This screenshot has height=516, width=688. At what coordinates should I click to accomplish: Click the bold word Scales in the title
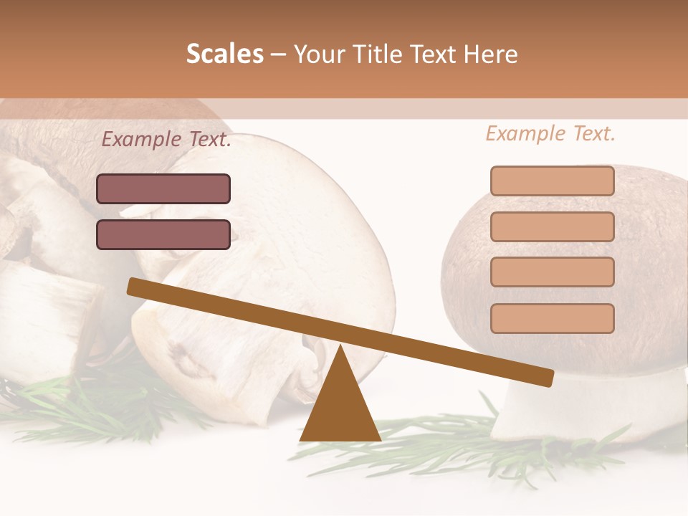click(x=224, y=54)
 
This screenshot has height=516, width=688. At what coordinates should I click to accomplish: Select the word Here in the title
click(x=491, y=54)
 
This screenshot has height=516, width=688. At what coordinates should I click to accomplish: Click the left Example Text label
click(x=166, y=140)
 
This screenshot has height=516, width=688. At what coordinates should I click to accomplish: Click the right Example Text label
click(x=550, y=133)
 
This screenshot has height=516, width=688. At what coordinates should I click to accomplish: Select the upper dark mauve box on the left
click(x=163, y=189)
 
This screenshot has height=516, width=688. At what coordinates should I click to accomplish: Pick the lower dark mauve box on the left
click(x=163, y=234)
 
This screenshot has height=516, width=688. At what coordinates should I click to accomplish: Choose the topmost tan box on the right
click(x=552, y=181)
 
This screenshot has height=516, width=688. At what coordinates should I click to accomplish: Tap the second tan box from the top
click(x=552, y=226)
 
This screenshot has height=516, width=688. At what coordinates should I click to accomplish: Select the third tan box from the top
click(x=552, y=272)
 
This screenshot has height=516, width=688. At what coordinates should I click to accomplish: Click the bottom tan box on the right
click(x=552, y=317)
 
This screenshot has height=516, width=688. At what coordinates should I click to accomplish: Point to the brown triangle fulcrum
click(x=340, y=408)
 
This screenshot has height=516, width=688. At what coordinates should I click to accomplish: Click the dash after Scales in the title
click(x=279, y=54)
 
